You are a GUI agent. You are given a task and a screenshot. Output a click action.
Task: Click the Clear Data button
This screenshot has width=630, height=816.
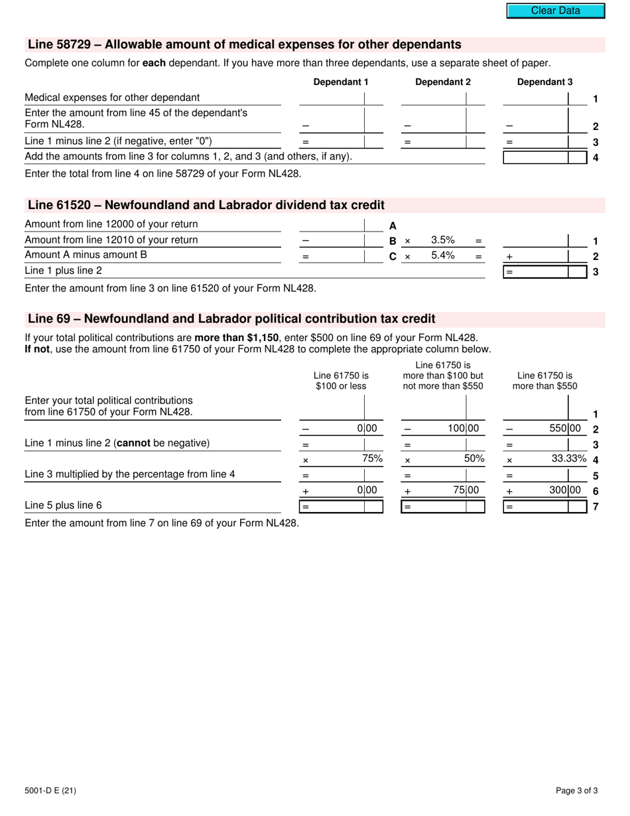click(556, 11)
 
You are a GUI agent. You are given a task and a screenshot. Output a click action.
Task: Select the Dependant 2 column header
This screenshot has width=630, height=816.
click(443, 82)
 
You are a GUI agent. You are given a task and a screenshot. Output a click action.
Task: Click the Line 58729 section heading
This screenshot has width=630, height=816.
click(244, 45)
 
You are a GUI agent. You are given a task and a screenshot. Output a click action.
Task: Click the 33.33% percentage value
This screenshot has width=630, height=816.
click(569, 458)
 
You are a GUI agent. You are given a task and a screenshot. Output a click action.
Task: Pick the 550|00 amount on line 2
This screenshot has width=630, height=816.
click(565, 429)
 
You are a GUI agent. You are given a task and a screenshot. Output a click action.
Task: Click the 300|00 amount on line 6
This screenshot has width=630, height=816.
click(565, 490)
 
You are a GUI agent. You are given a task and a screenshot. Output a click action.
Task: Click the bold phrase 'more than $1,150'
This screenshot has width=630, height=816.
click(236, 337)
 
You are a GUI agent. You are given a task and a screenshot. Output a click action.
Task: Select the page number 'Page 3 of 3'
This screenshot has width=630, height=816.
click(577, 790)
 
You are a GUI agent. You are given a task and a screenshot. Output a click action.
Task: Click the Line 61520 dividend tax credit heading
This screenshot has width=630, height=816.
click(206, 205)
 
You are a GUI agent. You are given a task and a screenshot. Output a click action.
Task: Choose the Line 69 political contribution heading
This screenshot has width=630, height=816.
click(231, 319)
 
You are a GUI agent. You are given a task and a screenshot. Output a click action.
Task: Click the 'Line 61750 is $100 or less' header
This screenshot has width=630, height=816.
click(341, 381)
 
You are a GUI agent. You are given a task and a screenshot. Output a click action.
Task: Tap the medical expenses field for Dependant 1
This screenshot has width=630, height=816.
click(332, 98)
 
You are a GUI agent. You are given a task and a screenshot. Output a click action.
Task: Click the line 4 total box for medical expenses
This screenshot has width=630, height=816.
click(536, 157)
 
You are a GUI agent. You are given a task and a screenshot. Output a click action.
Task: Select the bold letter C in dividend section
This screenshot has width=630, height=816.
click(393, 256)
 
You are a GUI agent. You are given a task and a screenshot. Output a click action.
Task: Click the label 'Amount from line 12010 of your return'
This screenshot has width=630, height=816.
click(111, 239)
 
